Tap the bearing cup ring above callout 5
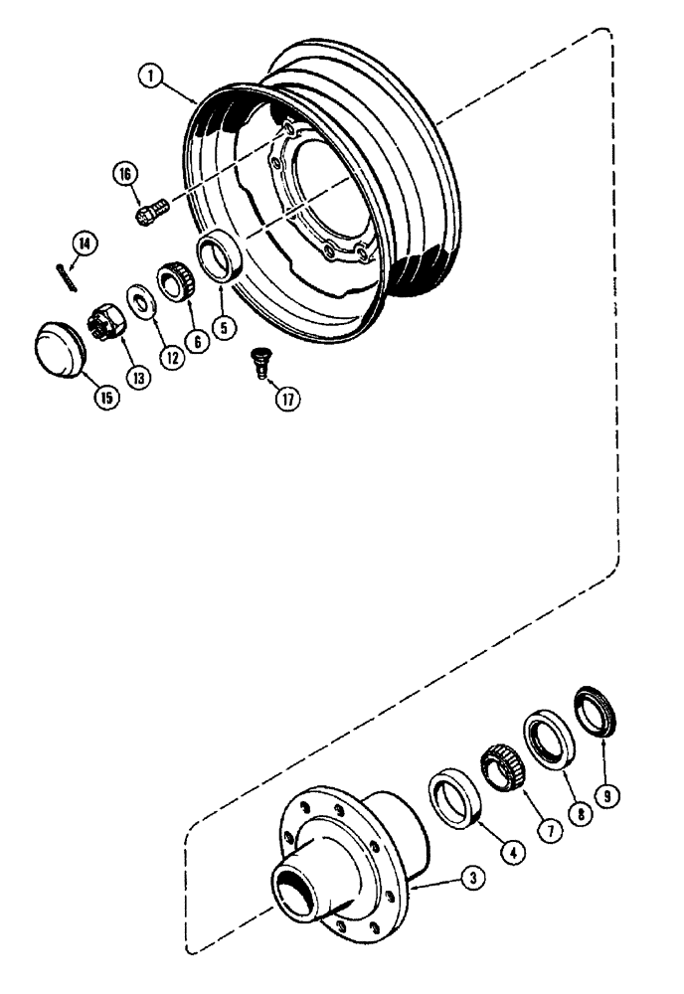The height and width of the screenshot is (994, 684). click(225, 253)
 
